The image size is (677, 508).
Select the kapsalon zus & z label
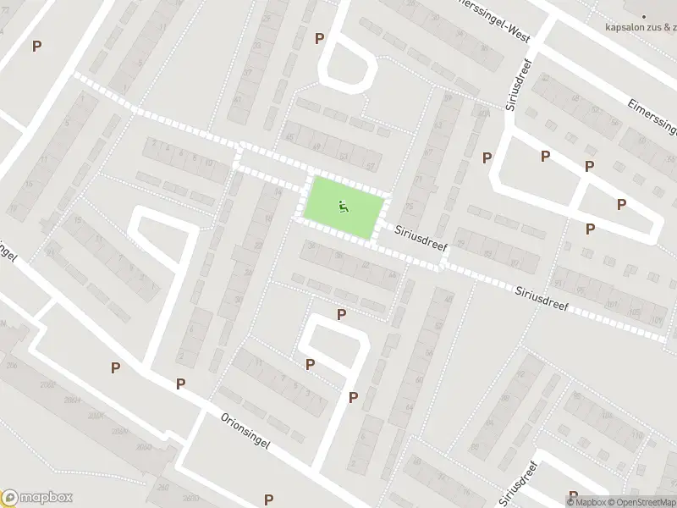tap(641, 26)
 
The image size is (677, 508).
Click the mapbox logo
tap(37, 497)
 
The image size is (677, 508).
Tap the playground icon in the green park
tap(343, 205)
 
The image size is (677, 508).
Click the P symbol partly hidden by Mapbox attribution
tap(573, 494)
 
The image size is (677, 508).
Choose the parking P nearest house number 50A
tap(487, 157)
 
